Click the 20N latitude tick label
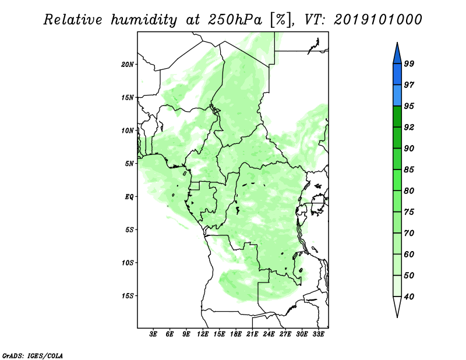pyautogui.click(x=128, y=65)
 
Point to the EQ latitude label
pyautogui.click(x=129, y=197)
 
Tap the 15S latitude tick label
pyautogui.click(x=128, y=296)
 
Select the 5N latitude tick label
pyautogui.click(x=129, y=164)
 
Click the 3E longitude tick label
pyautogui.click(x=153, y=334)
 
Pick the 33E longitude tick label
pyautogui.click(x=318, y=334)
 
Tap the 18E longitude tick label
pyautogui.click(x=236, y=334)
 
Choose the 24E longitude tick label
pyautogui.click(x=269, y=334)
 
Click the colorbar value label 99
pyautogui.click(x=409, y=64)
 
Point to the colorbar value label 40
pyautogui.click(x=409, y=297)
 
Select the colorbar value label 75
pyautogui.click(x=409, y=212)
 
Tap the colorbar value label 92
pyautogui.click(x=409, y=127)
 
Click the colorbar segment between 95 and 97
pyautogui.click(x=397, y=96)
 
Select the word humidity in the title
pyautogui.click(x=144, y=20)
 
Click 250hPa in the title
pyautogui.click(x=235, y=20)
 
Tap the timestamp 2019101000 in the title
pyautogui.click(x=377, y=20)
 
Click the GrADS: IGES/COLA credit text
pyautogui.click(x=33, y=355)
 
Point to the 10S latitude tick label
pyautogui.click(x=128, y=263)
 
